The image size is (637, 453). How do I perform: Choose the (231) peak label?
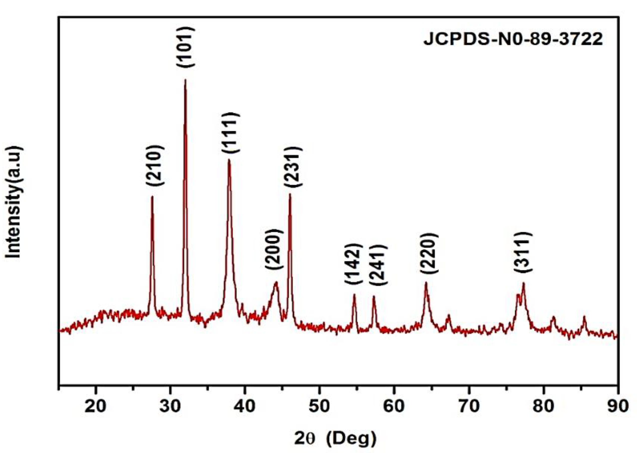[x=293, y=167]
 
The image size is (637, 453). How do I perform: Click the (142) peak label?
[x=354, y=264]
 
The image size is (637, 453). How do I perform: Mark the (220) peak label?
[x=429, y=253]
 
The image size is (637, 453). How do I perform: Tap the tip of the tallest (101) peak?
[x=185, y=80]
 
